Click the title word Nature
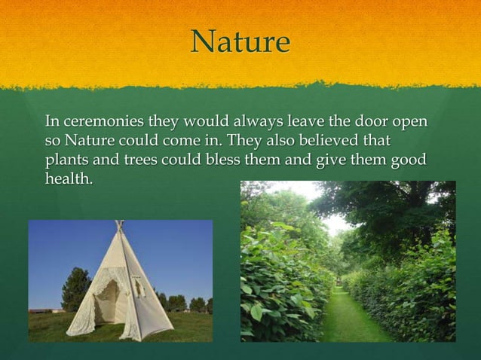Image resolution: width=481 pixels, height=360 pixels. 240,43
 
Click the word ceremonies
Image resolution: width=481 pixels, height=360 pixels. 103,122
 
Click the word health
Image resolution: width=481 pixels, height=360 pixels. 68,178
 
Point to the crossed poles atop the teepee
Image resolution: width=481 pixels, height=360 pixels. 118,225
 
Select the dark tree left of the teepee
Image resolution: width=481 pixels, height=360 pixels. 76,290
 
